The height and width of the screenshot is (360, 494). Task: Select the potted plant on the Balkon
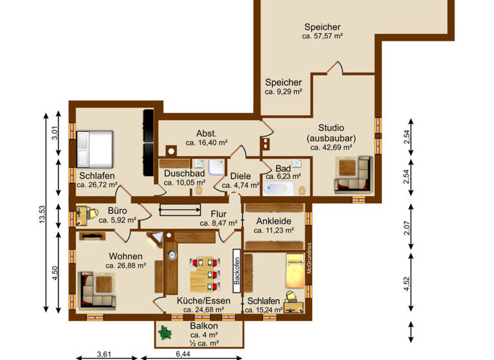tap(167, 332)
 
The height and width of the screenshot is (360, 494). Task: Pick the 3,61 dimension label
tap(105, 354)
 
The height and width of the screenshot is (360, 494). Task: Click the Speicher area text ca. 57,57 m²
tap(322, 37)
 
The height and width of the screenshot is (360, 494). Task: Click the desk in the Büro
tap(83, 215)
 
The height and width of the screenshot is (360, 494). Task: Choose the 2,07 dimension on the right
tap(407, 226)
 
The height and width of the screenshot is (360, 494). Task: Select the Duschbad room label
tap(184, 174)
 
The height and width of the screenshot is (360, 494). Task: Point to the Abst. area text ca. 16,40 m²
tap(206, 143)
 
